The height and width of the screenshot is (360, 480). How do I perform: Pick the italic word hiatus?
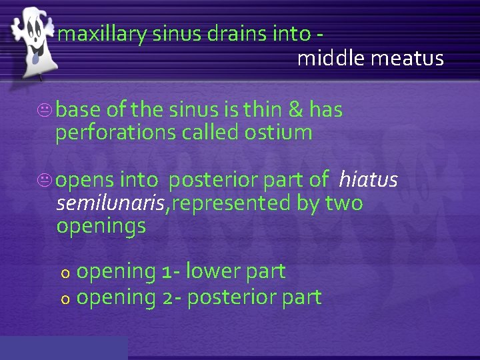[x=368, y=179]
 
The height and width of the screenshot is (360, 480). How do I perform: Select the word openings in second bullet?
[x=101, y=226]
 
